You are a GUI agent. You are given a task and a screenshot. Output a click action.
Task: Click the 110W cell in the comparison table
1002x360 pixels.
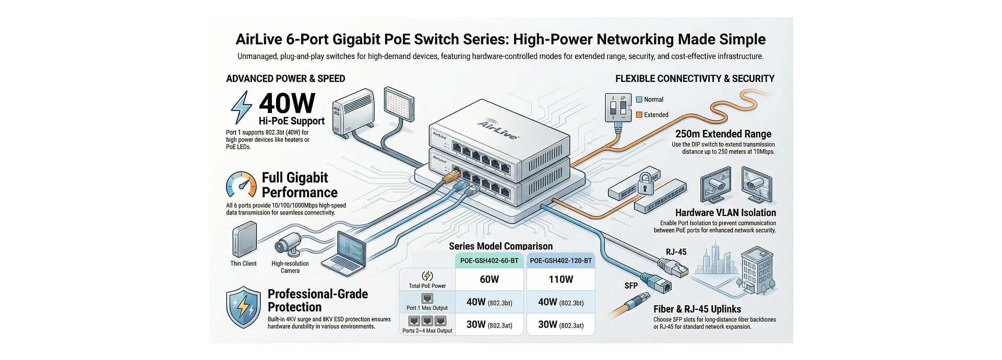click(x=560, y=280)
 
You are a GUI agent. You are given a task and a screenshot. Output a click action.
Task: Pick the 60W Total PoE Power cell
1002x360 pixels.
click(x=489, y=280)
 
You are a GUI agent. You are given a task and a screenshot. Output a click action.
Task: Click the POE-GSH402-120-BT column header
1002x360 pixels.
click(x=560, y=261)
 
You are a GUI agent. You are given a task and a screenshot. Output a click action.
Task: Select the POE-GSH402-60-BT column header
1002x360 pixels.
click(x=489, y=261)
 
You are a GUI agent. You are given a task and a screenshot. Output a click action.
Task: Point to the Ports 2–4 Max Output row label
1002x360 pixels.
click(x=427, y=330)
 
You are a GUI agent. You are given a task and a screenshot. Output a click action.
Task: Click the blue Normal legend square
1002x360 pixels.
click(x=639, y=100)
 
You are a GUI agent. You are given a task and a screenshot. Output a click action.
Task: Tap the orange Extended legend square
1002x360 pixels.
click(x=639, y=115)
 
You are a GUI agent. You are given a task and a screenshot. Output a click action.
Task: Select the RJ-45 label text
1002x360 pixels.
click(x=676, y=252)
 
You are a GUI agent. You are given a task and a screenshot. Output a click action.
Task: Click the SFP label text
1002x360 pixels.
click(x=631, y=286)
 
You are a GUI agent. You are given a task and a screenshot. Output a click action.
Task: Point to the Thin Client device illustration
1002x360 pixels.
click(x=241, y=241)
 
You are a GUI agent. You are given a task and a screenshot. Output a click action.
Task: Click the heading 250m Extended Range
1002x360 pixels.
click(x=722, y=134)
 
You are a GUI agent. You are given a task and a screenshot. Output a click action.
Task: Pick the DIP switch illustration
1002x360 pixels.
click(x=617, y=108)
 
